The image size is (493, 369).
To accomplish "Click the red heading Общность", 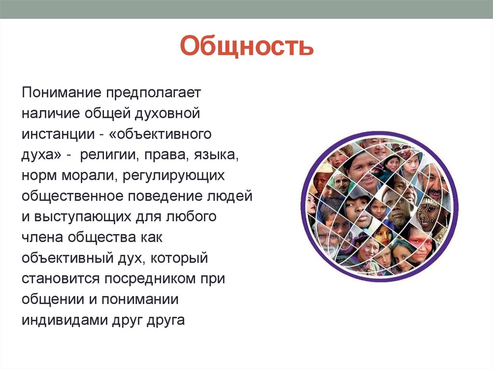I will coord(246,47).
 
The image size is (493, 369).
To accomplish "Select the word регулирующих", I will coord(173,175).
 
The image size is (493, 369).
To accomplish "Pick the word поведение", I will coord(167,196).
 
